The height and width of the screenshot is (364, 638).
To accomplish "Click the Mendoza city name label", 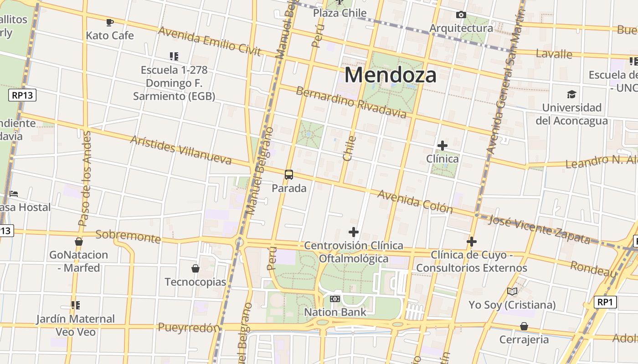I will coord(390,75).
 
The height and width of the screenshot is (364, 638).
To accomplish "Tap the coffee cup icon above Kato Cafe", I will coord(109,22).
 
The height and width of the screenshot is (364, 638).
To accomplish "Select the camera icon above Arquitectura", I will coord(461,15).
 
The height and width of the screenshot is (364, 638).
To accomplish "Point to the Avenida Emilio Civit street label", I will coord(210,41).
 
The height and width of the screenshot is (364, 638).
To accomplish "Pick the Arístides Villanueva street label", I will coord(181,150).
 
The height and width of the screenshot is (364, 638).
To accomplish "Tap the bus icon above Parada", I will coord(289,174).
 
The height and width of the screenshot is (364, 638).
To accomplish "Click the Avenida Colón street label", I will coord(415,202).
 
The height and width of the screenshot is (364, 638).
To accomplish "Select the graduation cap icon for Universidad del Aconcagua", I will coord(571,95).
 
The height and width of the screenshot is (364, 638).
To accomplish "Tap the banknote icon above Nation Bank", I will coord(335,299).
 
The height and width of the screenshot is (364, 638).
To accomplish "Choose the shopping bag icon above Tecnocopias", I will coord(196,268).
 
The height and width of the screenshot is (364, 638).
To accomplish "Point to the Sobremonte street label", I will coord(128,236).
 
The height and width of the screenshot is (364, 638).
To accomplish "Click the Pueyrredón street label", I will coord(189,328).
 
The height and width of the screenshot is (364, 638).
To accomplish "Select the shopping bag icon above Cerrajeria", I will coord(524,326).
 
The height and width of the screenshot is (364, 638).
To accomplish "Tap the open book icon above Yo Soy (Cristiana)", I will coord(512,291).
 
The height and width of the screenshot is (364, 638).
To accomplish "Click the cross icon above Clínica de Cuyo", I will coord(472,241).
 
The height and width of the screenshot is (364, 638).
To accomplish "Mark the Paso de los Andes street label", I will coord(85,179).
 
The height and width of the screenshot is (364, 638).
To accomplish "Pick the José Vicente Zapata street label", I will coord(539,229).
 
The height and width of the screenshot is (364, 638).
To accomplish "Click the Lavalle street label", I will coord(554,54).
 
